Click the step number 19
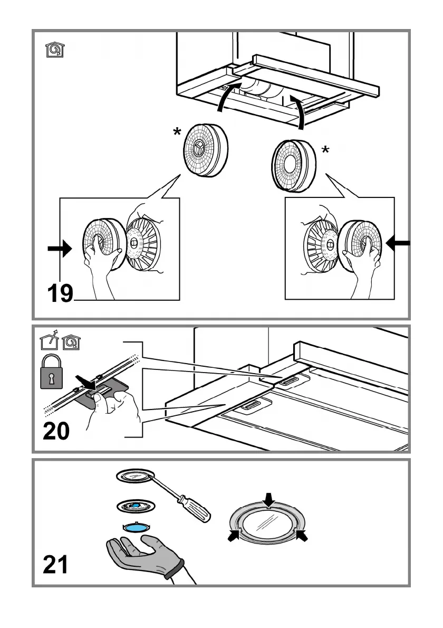(60, 293)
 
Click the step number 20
(56, 431)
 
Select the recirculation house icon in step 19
(53, 51)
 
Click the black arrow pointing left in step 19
(398, 243)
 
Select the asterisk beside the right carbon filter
(325, 151)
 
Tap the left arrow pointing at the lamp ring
(233, 536)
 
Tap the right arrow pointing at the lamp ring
(302, 536)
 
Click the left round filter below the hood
(206, 149)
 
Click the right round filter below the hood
(293, 166)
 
